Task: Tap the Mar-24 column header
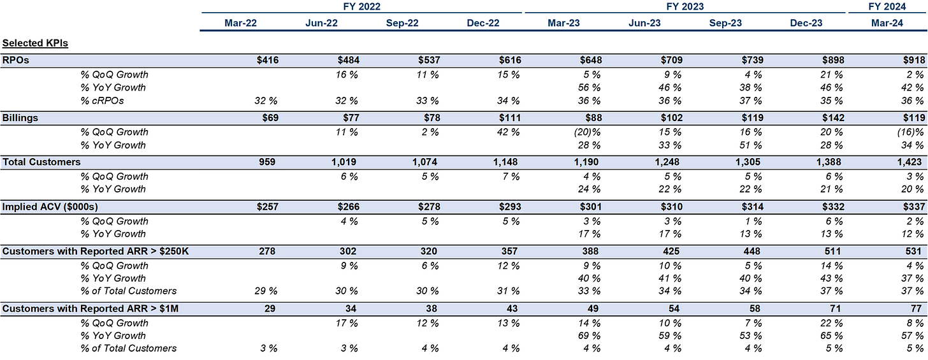887,23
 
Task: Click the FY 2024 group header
887,6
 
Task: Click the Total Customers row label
41,162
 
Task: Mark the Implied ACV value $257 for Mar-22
266,207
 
